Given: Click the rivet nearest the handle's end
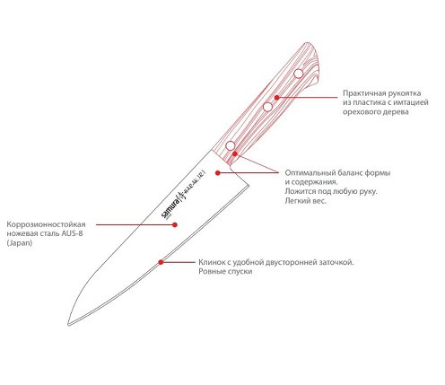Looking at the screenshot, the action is coord(299,74).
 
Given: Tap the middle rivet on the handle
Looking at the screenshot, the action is coord(267,107).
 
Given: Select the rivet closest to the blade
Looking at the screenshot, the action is coord(231,145).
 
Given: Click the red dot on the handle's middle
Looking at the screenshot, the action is coord(277,98).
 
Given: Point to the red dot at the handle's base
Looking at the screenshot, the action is coord(235,153).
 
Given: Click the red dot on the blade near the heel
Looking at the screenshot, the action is coord(218,173).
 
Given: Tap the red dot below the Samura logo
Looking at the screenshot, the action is coord(175,224).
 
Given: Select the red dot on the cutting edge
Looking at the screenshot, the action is coord(161,262).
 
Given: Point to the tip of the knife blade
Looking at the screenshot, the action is coord(68,325).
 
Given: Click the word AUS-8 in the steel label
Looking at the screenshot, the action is coord(72,233).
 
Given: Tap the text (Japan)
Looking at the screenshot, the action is coord(20,243).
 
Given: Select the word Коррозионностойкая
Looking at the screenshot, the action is coord(46,224).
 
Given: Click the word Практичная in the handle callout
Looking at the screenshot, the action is coord(363,93).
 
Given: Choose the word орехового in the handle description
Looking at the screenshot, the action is coord(359,112).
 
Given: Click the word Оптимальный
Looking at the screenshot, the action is coord(310,173).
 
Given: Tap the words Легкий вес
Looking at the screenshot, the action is coord(306,201).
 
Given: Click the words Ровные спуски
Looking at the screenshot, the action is coord(225,272).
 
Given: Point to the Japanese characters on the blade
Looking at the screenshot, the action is coord(191,184).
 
